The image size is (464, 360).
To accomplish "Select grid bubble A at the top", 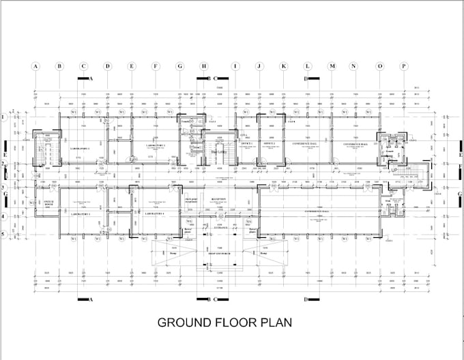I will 35,66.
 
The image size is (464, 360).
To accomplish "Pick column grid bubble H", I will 204,66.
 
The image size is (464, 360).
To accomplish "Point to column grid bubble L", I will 308,66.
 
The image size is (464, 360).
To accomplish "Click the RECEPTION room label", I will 218,200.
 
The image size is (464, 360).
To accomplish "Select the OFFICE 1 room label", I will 246,145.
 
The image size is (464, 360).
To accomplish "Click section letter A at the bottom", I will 90,299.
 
